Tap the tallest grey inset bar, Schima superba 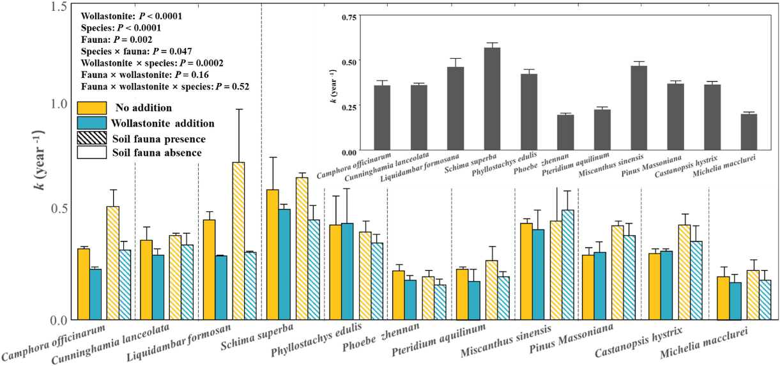click(x=492, y=99)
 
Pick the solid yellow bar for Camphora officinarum click(x=84, y=284)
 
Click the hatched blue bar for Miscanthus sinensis click(x=568, y=264)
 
